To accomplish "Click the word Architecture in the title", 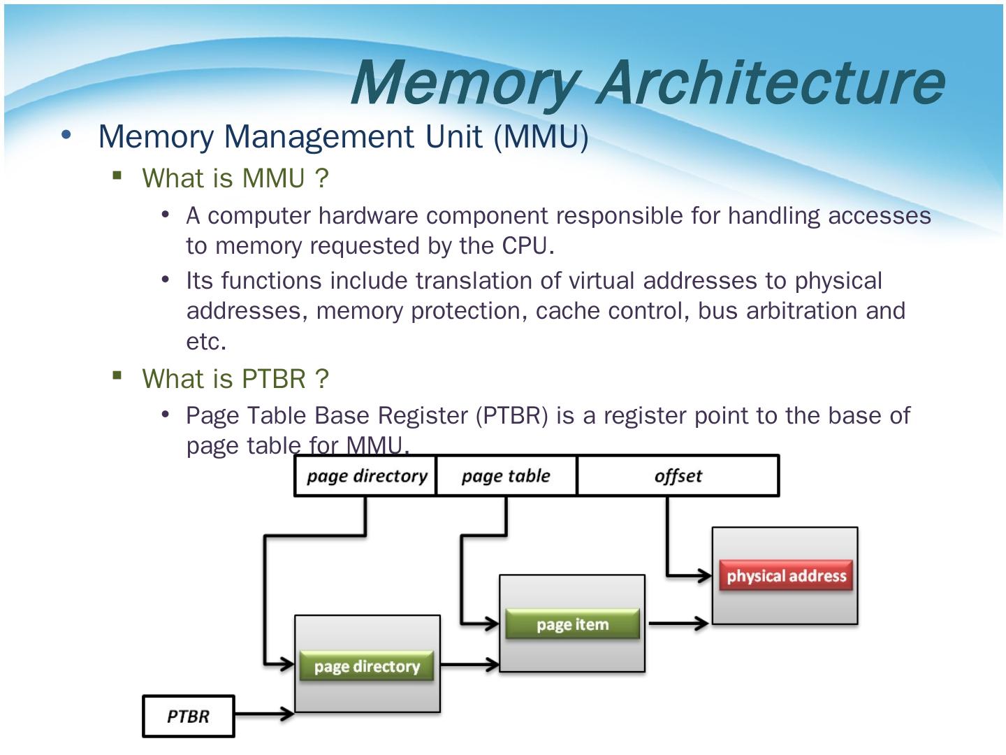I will click(771, 82).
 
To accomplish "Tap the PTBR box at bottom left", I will click(189, 716).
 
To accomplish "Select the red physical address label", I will click(786, 576).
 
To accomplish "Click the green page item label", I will click(572, 624).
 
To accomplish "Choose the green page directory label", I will click(367, 666).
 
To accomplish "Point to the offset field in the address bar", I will click(678, 476).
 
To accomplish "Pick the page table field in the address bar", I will click(506, 476).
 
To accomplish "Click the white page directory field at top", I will click(366, 476).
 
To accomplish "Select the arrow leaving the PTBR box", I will click(264, 714).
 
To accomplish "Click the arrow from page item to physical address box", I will click(678, 623).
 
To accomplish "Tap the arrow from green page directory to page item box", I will click(469, 665).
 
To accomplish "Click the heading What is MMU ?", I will click(235, 178).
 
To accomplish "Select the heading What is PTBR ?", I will click(235, 379).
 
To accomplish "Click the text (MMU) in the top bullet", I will click(541, 136).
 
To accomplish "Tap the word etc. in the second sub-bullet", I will click(206, 342).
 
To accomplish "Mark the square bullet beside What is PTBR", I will click(117, 376).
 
